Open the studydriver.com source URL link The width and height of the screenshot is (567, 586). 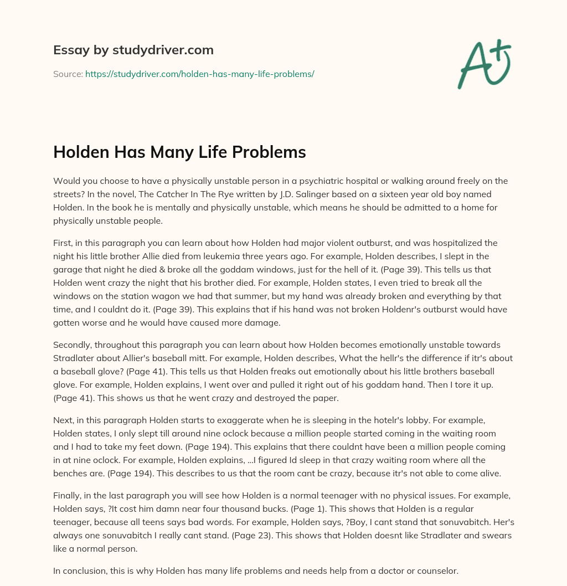click(x=199, y=74)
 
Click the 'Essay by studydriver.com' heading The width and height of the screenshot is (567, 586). click(x=133, y=50)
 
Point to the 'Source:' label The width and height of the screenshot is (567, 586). click(x=68, y=74)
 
